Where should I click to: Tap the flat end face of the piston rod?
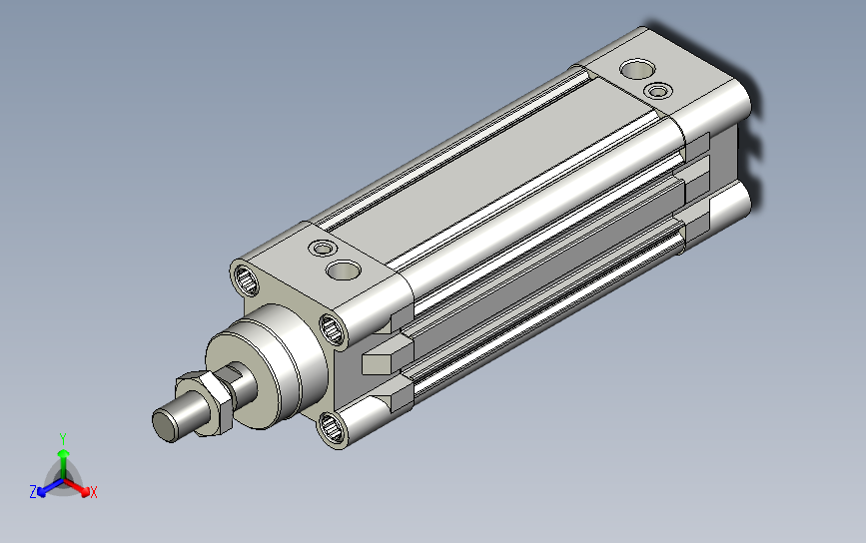[x=164, y=426]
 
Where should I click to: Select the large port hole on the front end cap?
[x=343, y=270]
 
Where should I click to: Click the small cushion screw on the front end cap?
[x=323, y=248]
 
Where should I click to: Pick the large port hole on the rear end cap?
[x=637, y=70]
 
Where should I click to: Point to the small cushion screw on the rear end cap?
[x=658, y=91]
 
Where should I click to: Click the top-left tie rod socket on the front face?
[x=247, y=279]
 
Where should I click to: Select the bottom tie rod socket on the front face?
[x=332, y=428]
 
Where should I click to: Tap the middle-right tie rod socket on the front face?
[x=333, y=330]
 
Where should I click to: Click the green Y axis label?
[x=63, y=439]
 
